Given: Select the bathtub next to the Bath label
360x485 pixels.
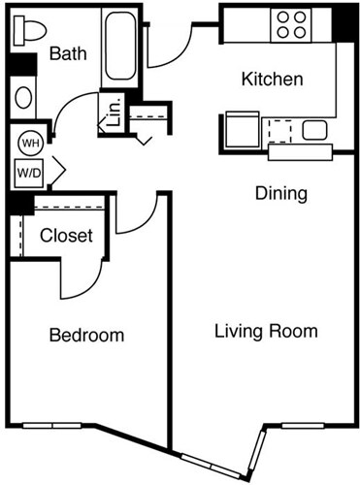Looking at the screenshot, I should tap(120, 46).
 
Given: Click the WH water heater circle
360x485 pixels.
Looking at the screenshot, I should tap(29, 142).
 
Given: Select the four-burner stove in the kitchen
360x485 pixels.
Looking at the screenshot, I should tap(289, 23).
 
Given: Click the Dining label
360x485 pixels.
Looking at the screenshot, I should tap(281, 193).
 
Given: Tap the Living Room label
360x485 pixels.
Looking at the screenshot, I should tap(266, 332).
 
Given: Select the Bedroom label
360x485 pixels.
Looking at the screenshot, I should tap(86, 336).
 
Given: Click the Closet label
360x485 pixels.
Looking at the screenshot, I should tap(66, 236).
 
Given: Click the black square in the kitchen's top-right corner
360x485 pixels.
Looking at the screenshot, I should tap(344, 22).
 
